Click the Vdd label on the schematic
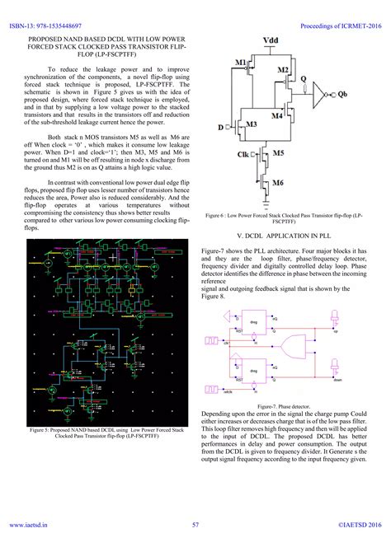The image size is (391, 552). pyautogui.click(x=270, y=40)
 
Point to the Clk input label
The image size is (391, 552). pyautogui.click(x=244, y=153)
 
